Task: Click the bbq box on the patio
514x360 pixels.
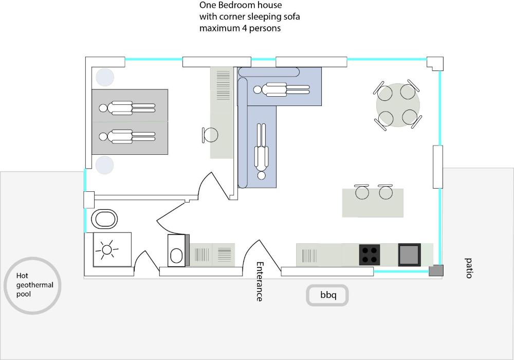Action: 327,295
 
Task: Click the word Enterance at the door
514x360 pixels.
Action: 260,281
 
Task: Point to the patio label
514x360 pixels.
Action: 468,268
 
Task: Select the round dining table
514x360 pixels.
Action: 398,105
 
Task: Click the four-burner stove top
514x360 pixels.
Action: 370,255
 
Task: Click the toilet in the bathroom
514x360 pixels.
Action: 104,219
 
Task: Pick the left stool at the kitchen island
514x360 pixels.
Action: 362,192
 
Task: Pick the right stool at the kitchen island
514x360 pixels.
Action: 385,192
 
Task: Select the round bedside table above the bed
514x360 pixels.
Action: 104,77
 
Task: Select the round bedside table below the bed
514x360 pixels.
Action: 104,165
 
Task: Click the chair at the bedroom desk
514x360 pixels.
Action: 210,135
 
